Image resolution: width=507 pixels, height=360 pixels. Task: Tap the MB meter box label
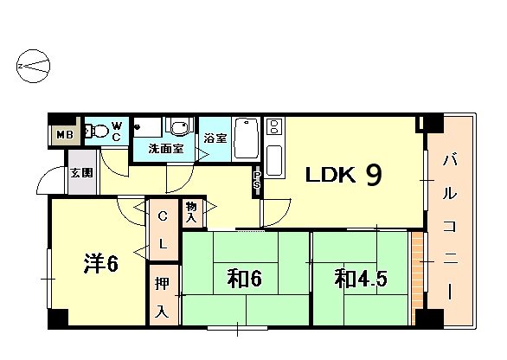point(64,134)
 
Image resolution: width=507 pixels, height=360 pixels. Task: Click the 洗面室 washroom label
point(165,149)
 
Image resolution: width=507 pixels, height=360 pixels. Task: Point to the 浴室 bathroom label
point(215,138)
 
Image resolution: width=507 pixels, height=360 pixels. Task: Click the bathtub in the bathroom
point(246,138)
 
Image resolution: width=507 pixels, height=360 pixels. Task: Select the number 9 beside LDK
point(374,176)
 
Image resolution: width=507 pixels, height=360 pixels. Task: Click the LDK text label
point(329,177)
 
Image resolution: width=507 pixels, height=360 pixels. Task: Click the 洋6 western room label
point(100,262)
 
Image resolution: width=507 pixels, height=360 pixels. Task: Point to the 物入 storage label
point(191,213)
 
